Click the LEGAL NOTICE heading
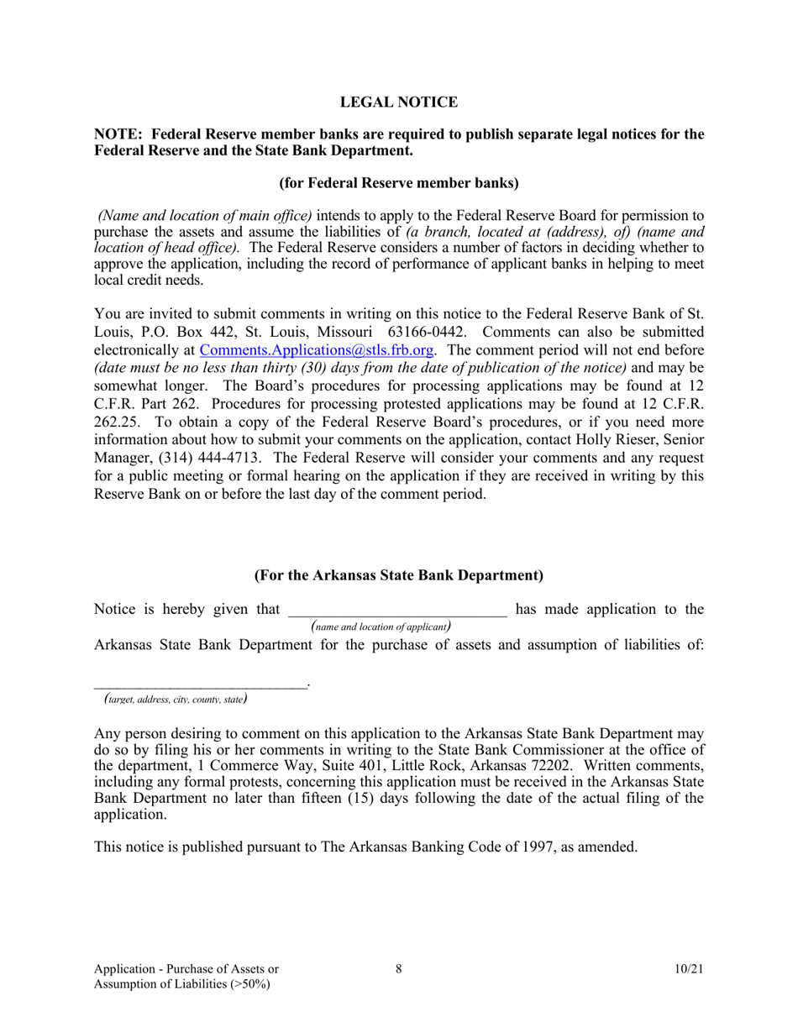click(x=398, y=102)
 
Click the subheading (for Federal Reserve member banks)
click(x=398, y=182)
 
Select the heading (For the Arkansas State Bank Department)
click(x=398, y=575)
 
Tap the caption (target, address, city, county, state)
click(x=175, y=699)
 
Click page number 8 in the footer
click(x=398, y=969)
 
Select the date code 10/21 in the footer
click(x=688, y=969)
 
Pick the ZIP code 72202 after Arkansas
click(x=551, y=765)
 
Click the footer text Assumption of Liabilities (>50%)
click(x=182, y=985)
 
